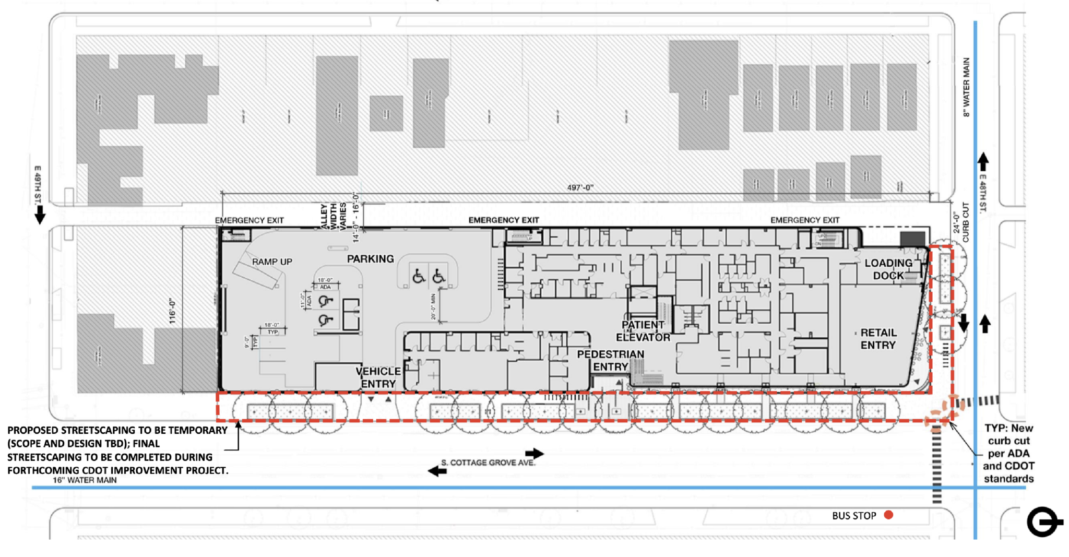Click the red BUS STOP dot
click(888, 515)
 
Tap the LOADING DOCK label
click(888, 269)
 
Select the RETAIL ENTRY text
click(878, 339)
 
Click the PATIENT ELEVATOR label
click(643, 331)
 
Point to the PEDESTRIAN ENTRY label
click(610, 360)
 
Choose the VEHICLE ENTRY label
click(378, 377)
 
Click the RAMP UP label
click(272, 262)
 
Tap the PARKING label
click(371, 259)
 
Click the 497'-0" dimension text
click(580, 187)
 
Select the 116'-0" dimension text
click(173, 312)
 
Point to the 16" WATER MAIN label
click(85, 480)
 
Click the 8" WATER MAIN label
click(966, 87)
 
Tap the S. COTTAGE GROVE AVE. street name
click(488, 463)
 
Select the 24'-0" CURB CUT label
click(961, 222)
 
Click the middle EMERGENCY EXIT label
click(503, 220)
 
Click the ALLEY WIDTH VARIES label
click(333, 216)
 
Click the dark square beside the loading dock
click(912, 240)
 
